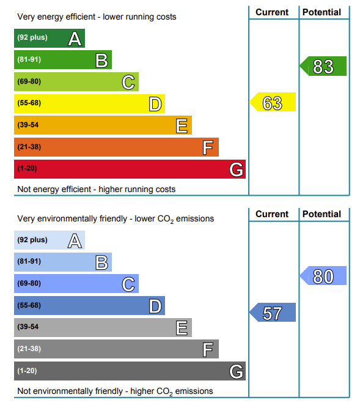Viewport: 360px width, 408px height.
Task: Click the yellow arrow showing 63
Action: click(273, 102)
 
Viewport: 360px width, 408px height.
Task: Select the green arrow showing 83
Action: click(323, 66)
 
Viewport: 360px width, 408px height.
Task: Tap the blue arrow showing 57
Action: click(273, 312)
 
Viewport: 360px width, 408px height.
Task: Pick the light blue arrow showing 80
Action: click(323, 275)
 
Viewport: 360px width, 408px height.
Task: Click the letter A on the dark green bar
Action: click(75, 39)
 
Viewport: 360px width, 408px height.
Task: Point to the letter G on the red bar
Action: click(237, 169)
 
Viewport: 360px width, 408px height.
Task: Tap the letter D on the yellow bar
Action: click(155, 104)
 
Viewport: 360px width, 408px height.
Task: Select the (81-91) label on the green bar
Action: click(29, 59)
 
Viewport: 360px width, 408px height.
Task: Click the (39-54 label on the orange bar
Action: click(28, 125)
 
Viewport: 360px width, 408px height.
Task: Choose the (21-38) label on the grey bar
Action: click(29, 349)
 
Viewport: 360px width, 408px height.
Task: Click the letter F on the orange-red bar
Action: click(208, 147)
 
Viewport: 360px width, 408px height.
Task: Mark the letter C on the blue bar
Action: click(128, 284)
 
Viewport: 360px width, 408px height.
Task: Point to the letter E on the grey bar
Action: click(182, 328)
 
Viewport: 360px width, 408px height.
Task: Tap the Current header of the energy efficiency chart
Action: click(272, 12)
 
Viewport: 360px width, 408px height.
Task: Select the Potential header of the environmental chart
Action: click(321, 214)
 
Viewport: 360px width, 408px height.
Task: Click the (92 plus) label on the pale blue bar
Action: click(32, 240)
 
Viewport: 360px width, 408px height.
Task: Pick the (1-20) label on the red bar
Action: click(27, 168)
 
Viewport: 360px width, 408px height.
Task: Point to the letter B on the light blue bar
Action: click(101, 262)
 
